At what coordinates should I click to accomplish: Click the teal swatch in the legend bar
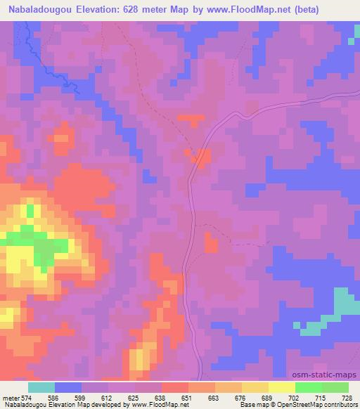pos(41,387)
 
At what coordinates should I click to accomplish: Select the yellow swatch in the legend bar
pos(282,387)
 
